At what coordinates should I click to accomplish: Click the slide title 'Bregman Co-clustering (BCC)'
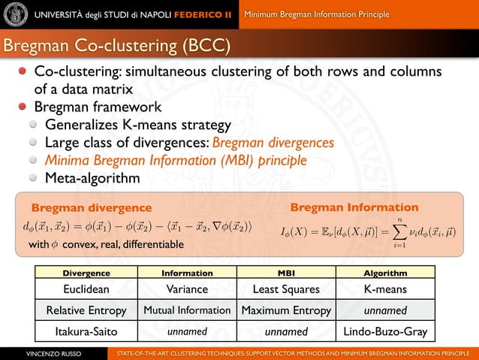[x=116, y=45]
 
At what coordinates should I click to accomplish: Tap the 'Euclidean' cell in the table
[x=86, y=289]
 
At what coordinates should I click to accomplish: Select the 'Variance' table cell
[x=187, y=289]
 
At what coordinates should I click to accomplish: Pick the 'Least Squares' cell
[x=287, y=289]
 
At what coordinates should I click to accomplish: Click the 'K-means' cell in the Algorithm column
[x=385, y=289]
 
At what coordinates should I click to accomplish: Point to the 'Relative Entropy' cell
[x=86, y=310]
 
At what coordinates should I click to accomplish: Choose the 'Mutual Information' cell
[x=187, y=310]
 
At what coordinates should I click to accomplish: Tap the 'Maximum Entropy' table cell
[x=287, y=310]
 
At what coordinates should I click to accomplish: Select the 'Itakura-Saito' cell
[x=86, y=331]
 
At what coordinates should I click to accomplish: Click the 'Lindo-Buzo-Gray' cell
[x=385, y=331]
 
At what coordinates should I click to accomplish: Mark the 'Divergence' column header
[x=86, y=273]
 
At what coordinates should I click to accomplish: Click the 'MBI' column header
[x=287, y=273]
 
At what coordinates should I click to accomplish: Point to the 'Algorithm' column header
[x=385, y=273]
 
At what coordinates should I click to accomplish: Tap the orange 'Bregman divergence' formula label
[x=91, y=207]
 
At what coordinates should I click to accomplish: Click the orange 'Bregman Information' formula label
[x=354, y=207]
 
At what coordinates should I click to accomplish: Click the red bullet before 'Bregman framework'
[x=25, y=107]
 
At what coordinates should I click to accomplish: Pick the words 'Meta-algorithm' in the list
[x=92, y=178]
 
